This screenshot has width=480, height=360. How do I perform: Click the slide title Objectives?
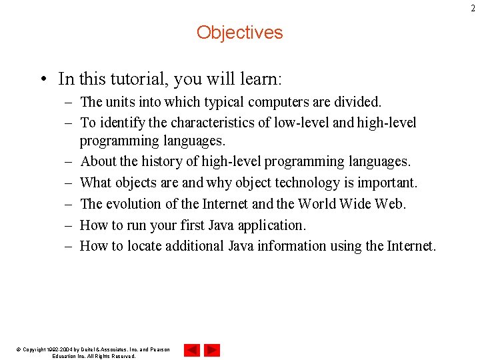239,32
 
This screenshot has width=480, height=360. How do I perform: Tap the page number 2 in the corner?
475,8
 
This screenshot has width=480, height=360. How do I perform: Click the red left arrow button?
192,350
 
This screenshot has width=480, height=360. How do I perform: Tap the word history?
172,161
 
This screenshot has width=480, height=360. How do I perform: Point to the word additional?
191,246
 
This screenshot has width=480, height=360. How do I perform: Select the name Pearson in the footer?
157,349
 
